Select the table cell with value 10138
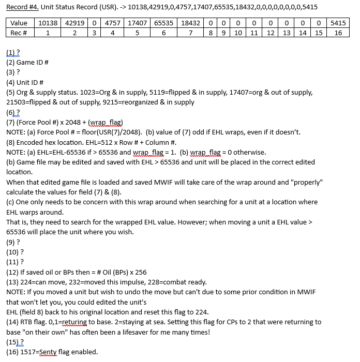point(48,23)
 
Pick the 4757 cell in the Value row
point(113,23)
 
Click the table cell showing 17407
point(137,23)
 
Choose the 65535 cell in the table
point(163,23)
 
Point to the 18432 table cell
point(191,23)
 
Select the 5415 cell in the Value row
point(338,23)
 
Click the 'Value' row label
point(19,23)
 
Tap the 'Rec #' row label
point(19,33)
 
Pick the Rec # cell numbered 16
point(338,33)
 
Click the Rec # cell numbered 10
point(238,33)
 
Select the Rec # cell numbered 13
point(287,33)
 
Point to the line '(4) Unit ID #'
point(25,82)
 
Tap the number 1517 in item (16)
point(29,352)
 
